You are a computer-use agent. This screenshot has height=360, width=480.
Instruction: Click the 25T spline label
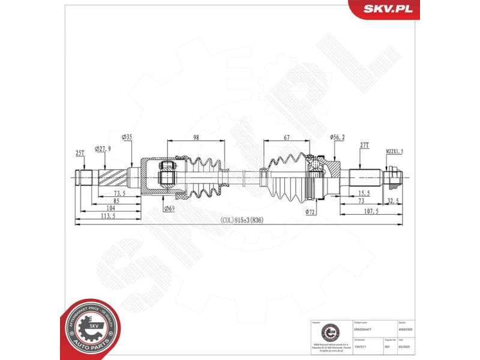click(x=80, y=154)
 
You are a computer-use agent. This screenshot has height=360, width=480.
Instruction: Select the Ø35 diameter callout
click(x=127, y=137)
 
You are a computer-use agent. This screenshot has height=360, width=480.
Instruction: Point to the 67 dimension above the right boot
click(x=287, y=137)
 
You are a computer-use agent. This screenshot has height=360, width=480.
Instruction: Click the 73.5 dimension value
click(x=119, y=193)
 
